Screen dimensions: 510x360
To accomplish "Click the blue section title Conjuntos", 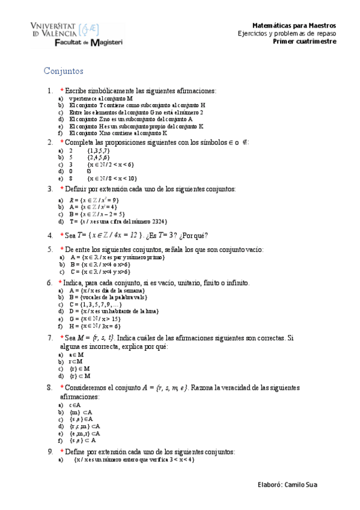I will (x=63, y=71).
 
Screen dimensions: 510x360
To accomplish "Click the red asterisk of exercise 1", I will (x=62, y=90).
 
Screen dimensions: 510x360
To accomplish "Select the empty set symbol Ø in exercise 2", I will (x=89, y=171).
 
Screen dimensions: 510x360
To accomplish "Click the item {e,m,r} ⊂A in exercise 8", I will (x=85, y=433).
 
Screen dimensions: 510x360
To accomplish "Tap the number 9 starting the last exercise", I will (x=50, y=452).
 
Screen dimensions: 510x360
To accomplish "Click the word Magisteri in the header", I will (x=105, y=44).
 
